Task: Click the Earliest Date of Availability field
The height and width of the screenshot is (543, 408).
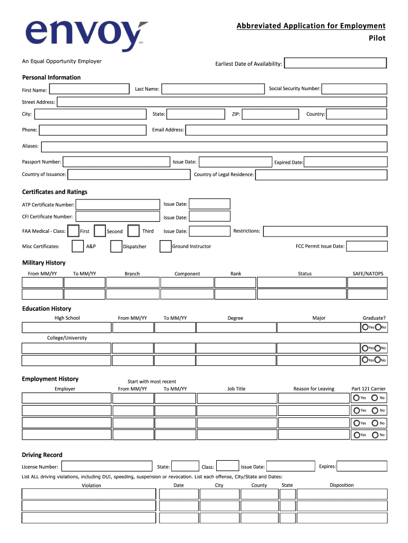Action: coord(336,63)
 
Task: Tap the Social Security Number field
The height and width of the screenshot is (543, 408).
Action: coord(354,89)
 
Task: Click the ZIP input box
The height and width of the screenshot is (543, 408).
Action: coord(271,114)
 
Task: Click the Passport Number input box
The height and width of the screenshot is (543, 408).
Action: coord(116,162)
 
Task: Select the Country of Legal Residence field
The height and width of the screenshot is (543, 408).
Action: coord(321,174)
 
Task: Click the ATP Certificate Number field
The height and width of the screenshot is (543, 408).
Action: coord(118,204)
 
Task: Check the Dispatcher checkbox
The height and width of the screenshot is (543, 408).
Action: coord(116,246)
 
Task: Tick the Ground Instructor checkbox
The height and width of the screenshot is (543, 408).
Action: coord(165,246)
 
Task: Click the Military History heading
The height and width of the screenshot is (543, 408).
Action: coord(44,262)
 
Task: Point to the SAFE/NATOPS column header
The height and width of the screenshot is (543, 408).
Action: coord(368,274)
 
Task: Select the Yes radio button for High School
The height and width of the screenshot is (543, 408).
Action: coord(365,327)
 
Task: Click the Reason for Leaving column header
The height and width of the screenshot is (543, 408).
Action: coord(314,389)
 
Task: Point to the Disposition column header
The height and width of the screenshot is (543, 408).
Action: coord(341,485)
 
